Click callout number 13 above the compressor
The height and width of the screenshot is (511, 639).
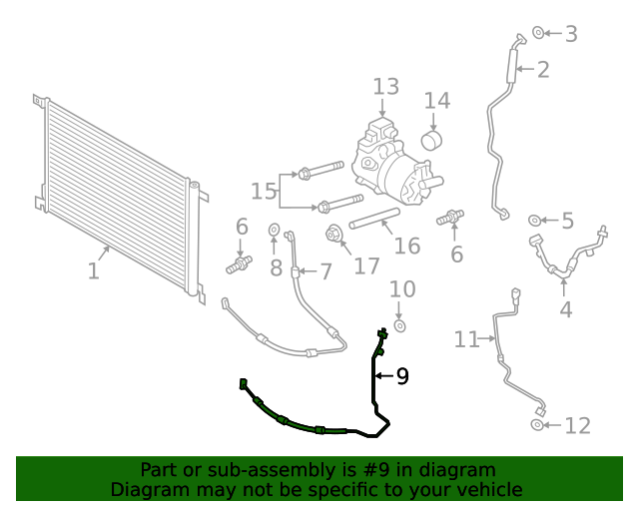point(386,87)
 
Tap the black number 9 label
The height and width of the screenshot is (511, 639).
point(402,376)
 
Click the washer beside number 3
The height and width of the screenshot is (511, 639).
point(538,34)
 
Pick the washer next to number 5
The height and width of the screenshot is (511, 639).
point(535,220)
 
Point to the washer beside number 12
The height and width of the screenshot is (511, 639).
point(538,426)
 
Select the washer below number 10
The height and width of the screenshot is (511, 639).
point(400,325)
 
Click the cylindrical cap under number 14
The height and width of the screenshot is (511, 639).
point(432,138)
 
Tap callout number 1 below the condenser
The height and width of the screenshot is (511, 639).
point(93,270)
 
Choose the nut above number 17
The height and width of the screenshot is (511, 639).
point(334,236)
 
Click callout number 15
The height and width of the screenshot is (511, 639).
point(263,190)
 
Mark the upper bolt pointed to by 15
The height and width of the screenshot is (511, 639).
point(319,169)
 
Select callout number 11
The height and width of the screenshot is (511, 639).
point(466,340)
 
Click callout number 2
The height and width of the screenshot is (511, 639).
point(543,70)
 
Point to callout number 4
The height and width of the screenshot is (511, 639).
point(565,309)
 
